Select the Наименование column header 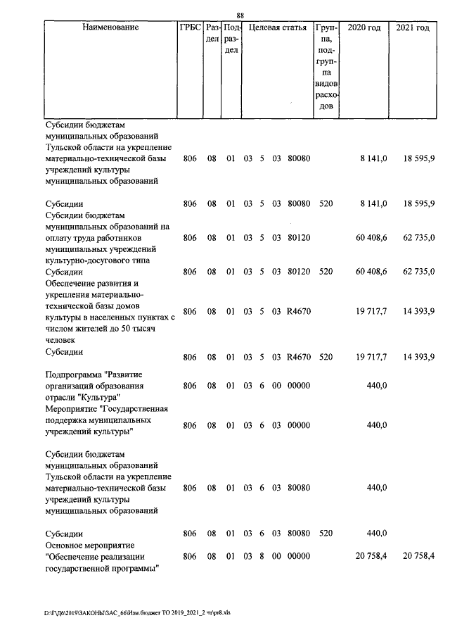click(x=110, y=28)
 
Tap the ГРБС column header click(x=190, y=28)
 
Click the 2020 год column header click(x=365, y=28)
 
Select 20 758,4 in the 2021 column click(x=418, y=556)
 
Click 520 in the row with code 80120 click(x=326, y=271)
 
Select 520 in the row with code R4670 click(x=326, y=357)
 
